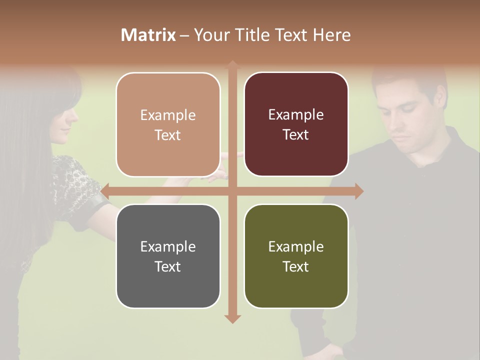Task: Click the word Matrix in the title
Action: click(148, 35)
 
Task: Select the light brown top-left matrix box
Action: click(168, 124)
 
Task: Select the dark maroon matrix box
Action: click(296, 124)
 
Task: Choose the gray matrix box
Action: click(168, 256)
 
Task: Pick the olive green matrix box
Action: click(296, 256)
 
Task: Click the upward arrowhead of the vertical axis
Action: click(232, 65)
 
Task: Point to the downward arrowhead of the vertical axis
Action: click(232, 318)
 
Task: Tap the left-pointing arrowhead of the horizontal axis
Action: click(105, 191)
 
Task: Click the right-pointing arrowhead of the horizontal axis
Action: click(359, 191)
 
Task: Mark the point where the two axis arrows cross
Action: click(232, 191)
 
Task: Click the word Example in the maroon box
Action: click(296, 114)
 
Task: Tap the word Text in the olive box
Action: click(296, 266)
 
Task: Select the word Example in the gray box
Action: click(168, 246)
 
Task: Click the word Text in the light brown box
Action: click(168, 135)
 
